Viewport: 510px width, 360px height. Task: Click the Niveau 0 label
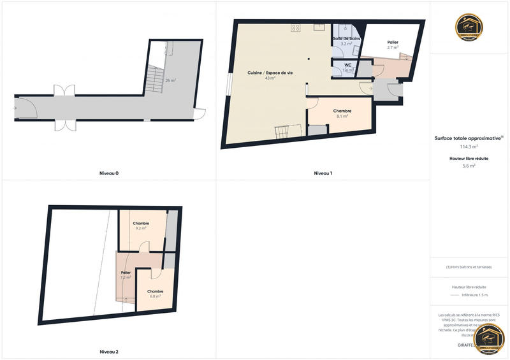(x=109, y=173)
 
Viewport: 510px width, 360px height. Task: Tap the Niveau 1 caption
(x=323, y=173)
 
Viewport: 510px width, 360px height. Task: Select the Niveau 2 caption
(x=109, y=352)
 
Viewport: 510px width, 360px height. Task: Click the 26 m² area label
(x=171, y=81)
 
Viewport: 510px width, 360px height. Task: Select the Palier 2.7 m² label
(x=393, y=45)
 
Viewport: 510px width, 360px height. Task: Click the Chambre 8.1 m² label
(x=342, y=113)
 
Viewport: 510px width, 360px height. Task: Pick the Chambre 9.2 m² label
(x=141, y=226)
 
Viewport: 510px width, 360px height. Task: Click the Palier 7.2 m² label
(x=126, y=275)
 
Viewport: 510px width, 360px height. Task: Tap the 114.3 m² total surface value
(x=469, y=146)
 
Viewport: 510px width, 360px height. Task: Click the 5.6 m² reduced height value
(x=469, y=166)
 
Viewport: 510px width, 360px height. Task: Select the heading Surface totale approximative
(x=469, y=138)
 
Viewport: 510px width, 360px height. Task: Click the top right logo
(x=469, y=27)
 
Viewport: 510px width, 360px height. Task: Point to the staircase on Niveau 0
(x=155, y=76)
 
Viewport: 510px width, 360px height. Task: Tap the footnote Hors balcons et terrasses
(x=469, y=267)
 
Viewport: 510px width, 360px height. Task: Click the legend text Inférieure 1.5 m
(x=475, y=295)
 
